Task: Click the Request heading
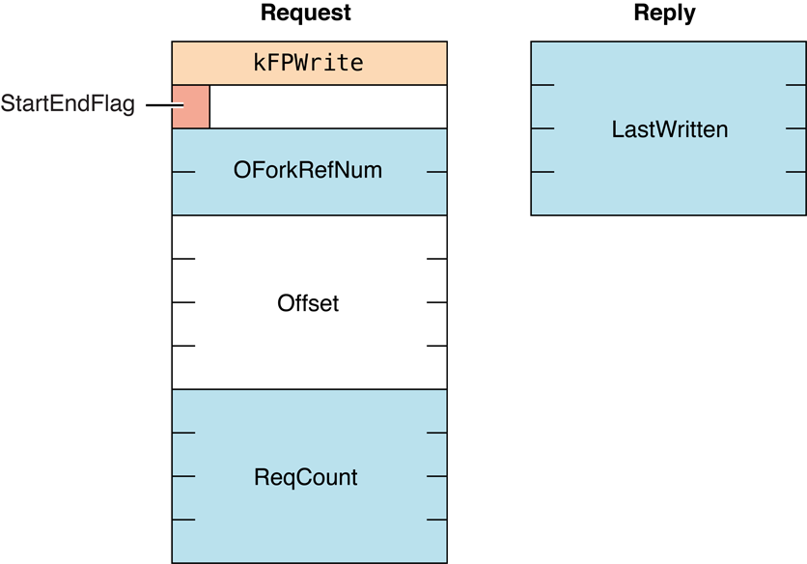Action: pos(306,14)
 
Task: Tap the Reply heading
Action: pos(664,14)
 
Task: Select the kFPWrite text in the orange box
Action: pos(309,64)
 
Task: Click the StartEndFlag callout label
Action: pos(68,104)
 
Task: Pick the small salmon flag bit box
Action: pos(190,106)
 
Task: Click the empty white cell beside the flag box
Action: pos(328,106)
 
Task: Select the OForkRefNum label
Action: pos(308,171)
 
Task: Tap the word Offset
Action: pos(308,302)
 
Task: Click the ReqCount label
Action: pos(306,477)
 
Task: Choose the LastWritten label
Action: pos(670,128)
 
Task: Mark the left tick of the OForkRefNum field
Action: pos(183,172)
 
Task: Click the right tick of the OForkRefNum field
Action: pos(435,172)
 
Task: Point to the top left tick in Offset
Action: pos(183,259)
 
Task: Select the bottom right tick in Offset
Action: pos(435,346)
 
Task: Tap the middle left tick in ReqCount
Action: pos(183,476)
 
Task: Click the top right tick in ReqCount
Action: pos(435,433)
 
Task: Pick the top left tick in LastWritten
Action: pos(543,85)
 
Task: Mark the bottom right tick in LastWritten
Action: pos(795,172)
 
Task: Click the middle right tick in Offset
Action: pos(435,302)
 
